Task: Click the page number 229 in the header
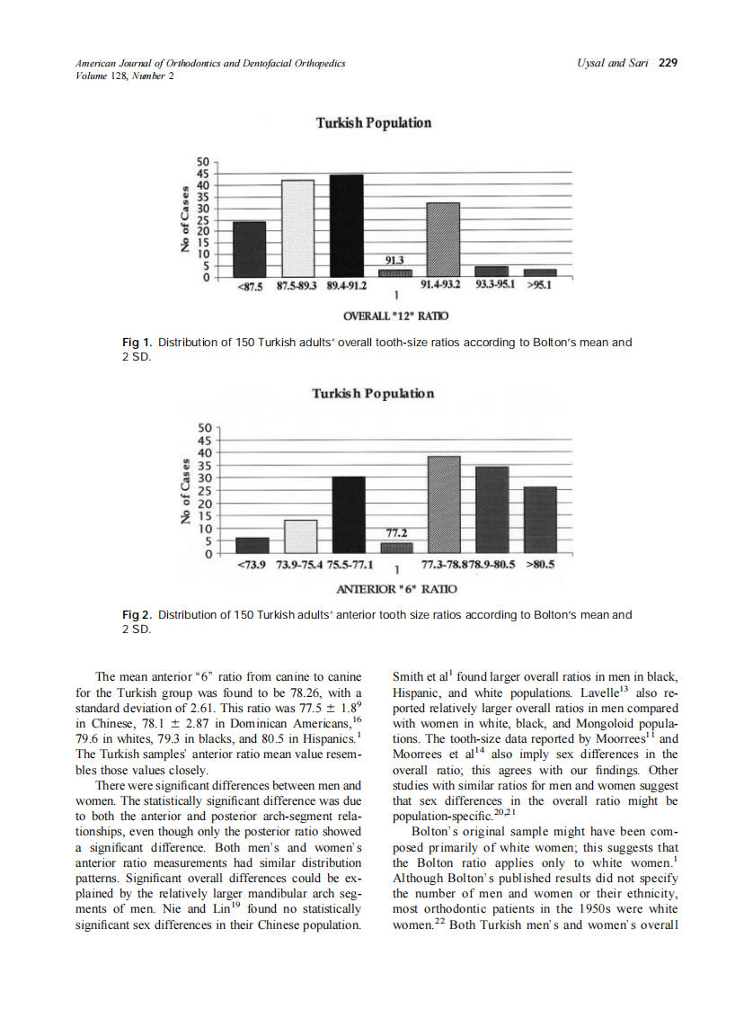(667, 63)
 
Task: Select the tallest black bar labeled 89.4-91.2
(346, 225)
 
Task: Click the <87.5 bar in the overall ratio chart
(249, 249)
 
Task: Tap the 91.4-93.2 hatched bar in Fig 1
(442, 239)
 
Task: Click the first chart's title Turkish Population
(373, 123)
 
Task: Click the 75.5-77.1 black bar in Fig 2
(348, 515)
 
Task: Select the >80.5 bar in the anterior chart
(539, 520)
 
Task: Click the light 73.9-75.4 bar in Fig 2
(300, 537)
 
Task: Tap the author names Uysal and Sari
(616, 63)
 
